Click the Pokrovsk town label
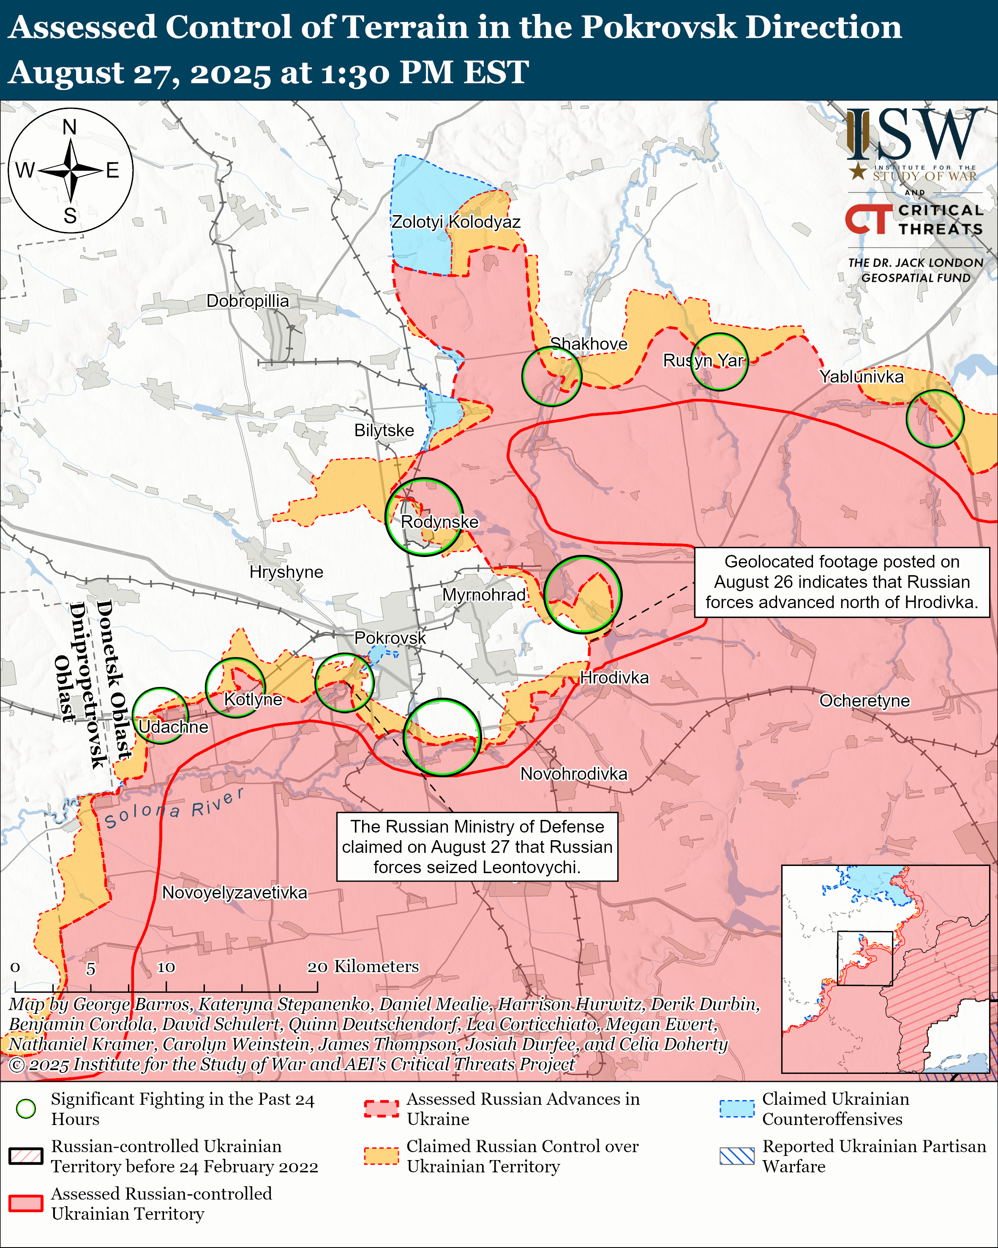tap(390, 637)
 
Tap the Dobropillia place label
tap(247, 300)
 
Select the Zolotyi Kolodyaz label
tap(455, 222)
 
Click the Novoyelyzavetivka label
tap(235, 892)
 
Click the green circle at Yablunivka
tap(934, 418)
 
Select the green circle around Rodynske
tap(424, 517)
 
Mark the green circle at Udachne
tap(160, 715)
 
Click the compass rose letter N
tap(69, 127)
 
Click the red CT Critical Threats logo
tap(868, 219)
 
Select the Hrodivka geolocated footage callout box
tap(841, 582)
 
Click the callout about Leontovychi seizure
tap(477, 846)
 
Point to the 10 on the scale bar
tap(166, 967)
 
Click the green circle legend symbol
tap(26, 1109)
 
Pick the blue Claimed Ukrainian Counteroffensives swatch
tap(736, 1109)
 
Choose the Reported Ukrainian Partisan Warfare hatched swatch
tap(736, 1156)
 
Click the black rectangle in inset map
tap(864, 958)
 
